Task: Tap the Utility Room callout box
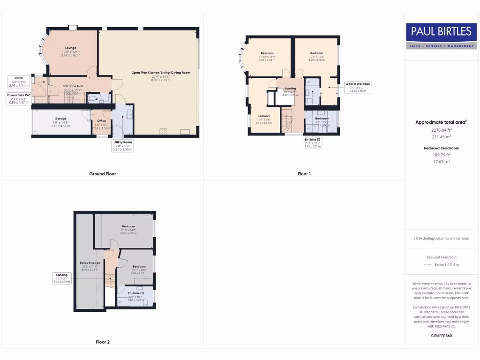coord(123,145)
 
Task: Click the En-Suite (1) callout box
coord(312,142)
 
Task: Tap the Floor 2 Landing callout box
coord(62,278)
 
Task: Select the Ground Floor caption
coord(102,174)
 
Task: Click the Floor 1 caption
coord(304,174)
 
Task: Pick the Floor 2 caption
coord(102,342)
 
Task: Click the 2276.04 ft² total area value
coord(441,130)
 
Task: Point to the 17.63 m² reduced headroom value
coord(441,161)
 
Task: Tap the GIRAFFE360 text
coord(441,336)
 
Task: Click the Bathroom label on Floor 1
coord(322,119)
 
